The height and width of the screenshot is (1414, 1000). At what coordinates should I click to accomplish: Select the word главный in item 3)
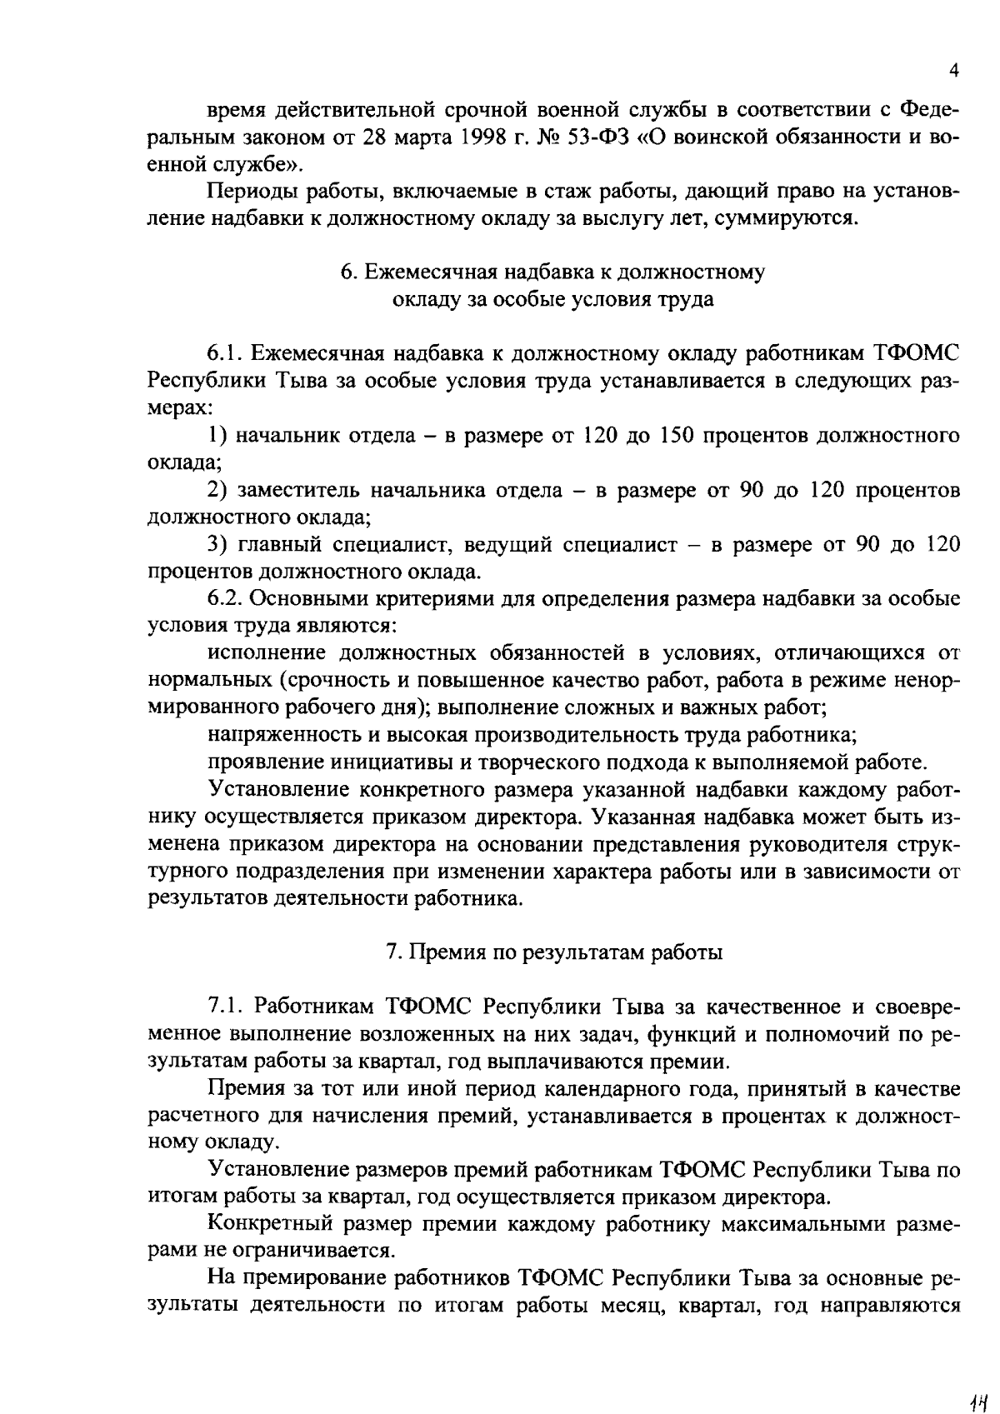[279, 545]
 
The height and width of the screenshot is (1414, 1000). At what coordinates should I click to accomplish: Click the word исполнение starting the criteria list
[265, 653]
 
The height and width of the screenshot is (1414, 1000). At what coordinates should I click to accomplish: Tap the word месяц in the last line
[635, 1306]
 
